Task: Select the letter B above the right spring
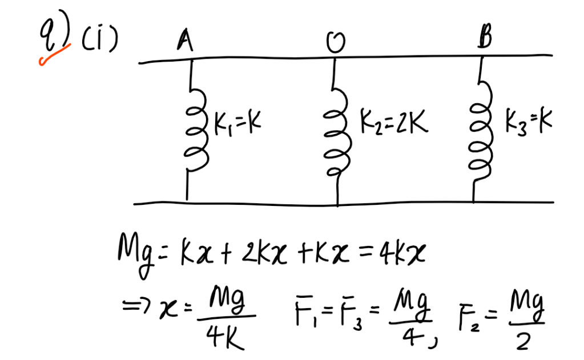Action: [x=486, y=40]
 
